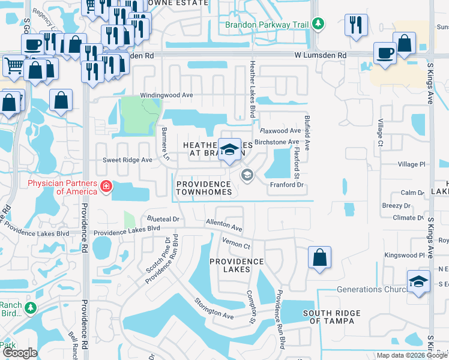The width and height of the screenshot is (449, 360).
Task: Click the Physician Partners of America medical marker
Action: pos(106,187)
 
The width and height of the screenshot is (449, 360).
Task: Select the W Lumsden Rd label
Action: pos(321,55)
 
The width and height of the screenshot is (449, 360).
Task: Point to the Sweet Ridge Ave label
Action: pos(127,160)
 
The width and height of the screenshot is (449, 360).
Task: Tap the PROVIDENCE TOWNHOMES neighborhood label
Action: pos(203,188)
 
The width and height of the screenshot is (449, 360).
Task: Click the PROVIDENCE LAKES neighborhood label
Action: pos(237,265)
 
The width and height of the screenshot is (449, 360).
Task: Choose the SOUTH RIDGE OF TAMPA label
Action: pos(331,317)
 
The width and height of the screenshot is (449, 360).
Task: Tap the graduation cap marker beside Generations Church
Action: pos(418,281)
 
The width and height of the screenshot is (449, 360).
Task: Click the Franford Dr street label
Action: pos(288,185)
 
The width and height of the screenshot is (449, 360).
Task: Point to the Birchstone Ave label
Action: pos(277,142)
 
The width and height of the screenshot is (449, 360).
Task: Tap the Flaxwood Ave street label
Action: pos(279,130)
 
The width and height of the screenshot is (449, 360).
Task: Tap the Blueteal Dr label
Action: pos(160,220)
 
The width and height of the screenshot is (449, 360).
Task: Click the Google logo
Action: pos(20,353)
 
